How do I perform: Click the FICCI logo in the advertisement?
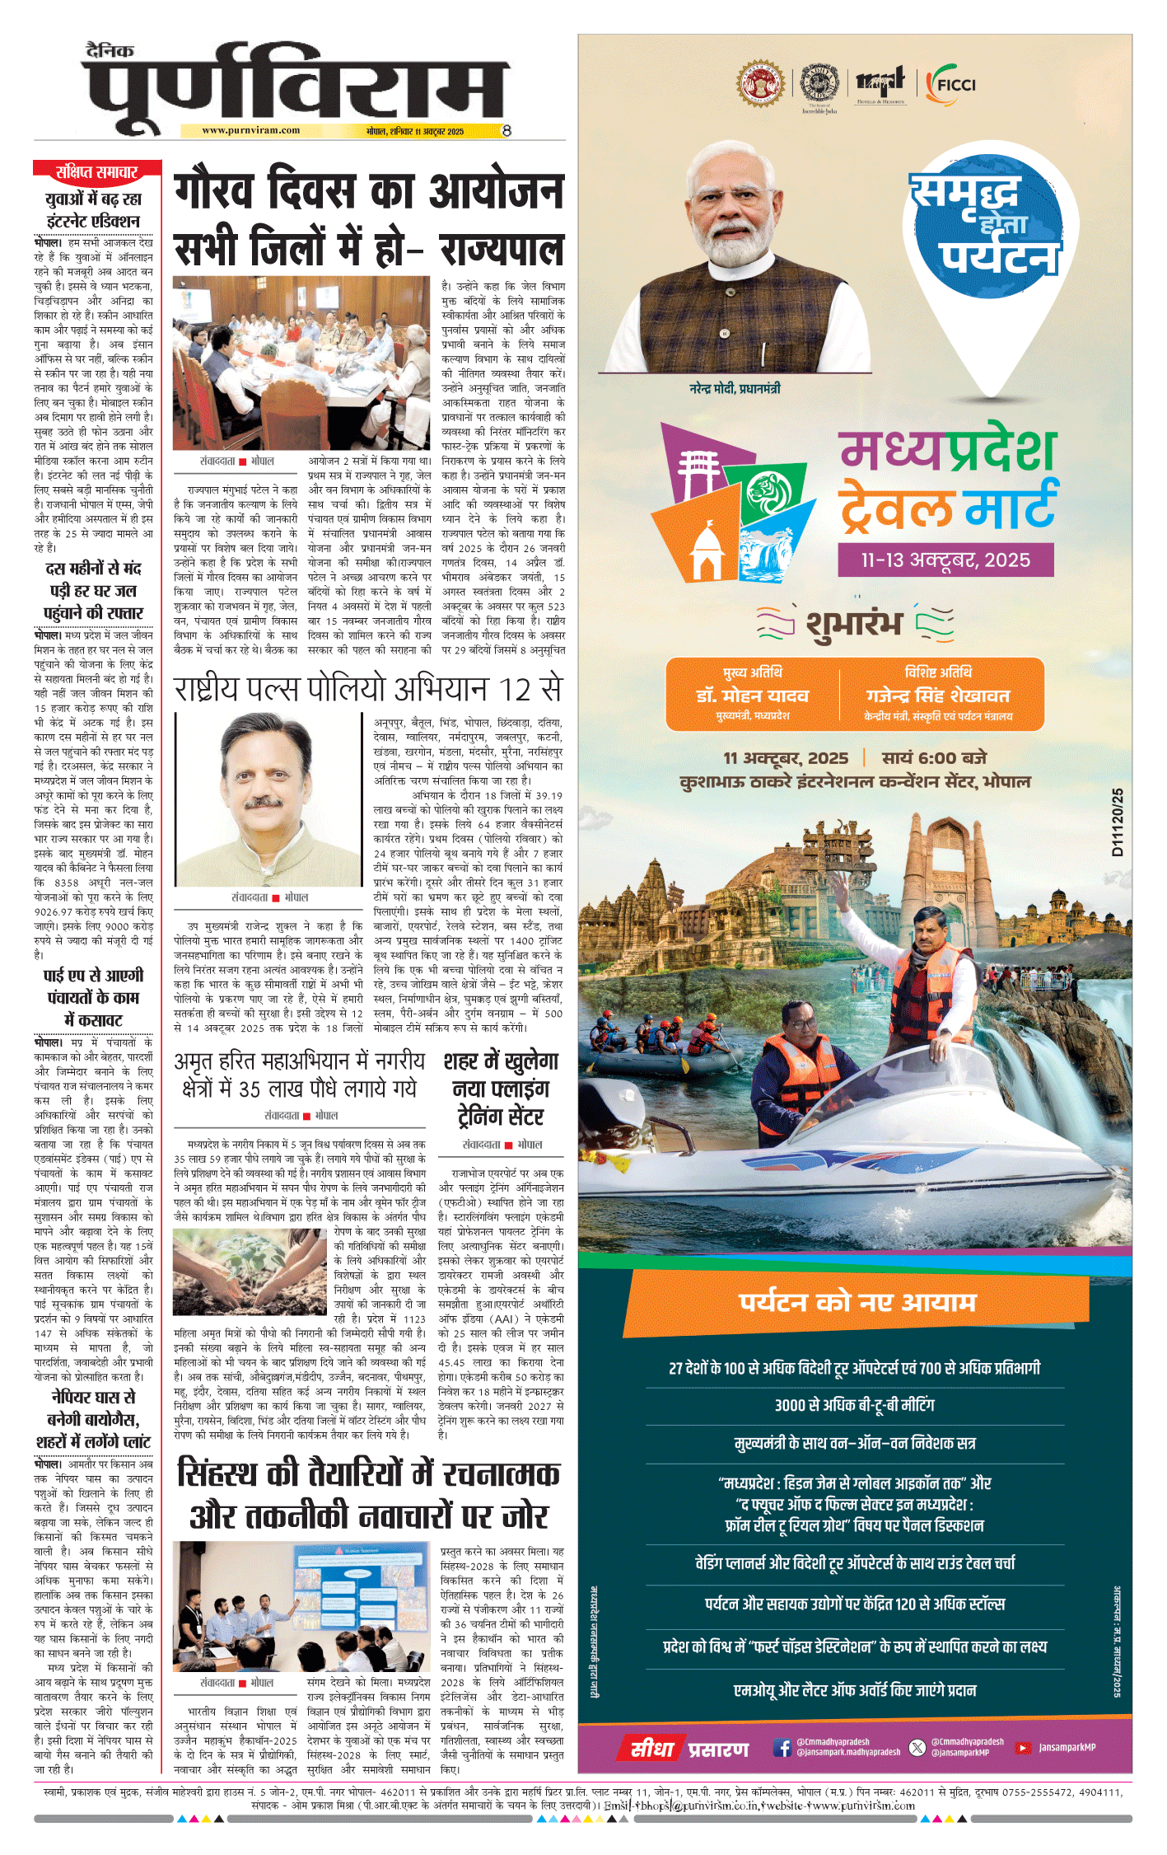(951, 84)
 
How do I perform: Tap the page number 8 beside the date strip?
(506, 130)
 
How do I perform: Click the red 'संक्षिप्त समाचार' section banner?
(96, 171)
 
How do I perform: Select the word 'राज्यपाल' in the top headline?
(502, 250)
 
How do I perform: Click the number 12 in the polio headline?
(515, 689)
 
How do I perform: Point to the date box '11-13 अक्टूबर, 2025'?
(945, 560)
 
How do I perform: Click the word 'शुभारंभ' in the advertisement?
(854, 623)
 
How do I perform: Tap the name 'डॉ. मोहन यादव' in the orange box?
(753, 696)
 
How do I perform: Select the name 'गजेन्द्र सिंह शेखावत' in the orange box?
(938, 696)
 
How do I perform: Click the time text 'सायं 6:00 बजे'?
(934, 758)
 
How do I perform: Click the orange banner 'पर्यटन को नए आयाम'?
(857, 1302)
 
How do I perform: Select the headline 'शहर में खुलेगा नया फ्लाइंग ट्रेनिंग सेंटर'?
(501, 1089)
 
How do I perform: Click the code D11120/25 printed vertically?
(1117, 822)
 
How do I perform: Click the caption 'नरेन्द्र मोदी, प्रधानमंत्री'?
(735, 388)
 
